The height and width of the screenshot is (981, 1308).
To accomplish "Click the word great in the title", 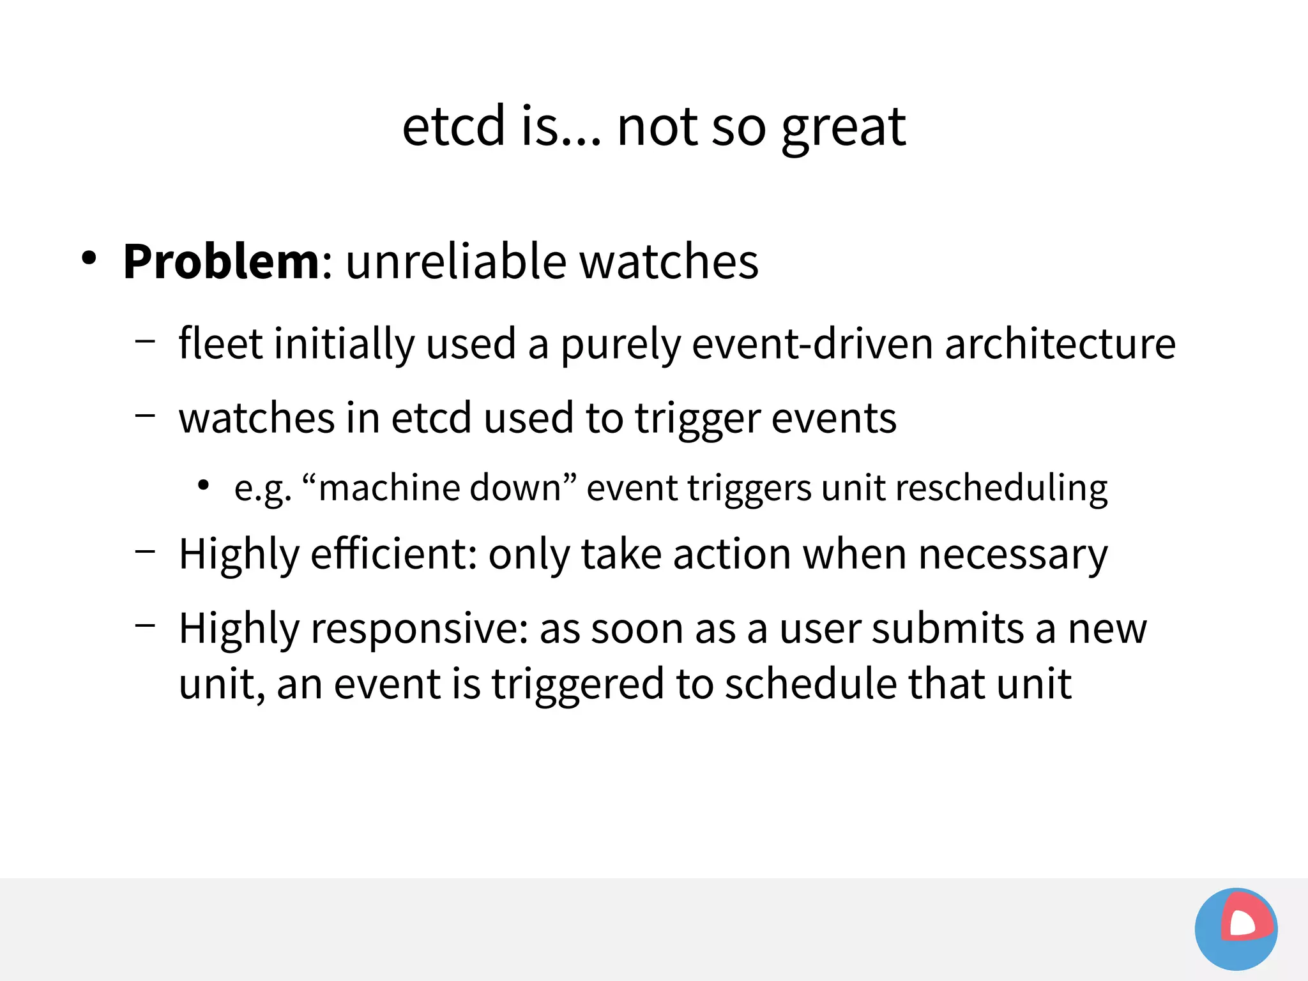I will tap(843, 128).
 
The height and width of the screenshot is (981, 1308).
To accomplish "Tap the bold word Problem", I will tap(221, 262).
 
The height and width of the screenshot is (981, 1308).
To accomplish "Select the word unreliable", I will tap(456, 262).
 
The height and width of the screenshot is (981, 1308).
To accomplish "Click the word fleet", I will tap(220, 343).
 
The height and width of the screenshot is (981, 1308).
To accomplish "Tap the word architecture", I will tap(1060, 343).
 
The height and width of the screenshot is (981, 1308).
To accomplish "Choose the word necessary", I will tap(1012, 555).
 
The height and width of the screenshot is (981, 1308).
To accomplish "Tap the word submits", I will tap(948, 628).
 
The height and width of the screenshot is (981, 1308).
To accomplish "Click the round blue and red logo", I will tap(1236, 929).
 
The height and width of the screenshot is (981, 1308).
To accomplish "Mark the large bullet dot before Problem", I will tap(89, 258).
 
